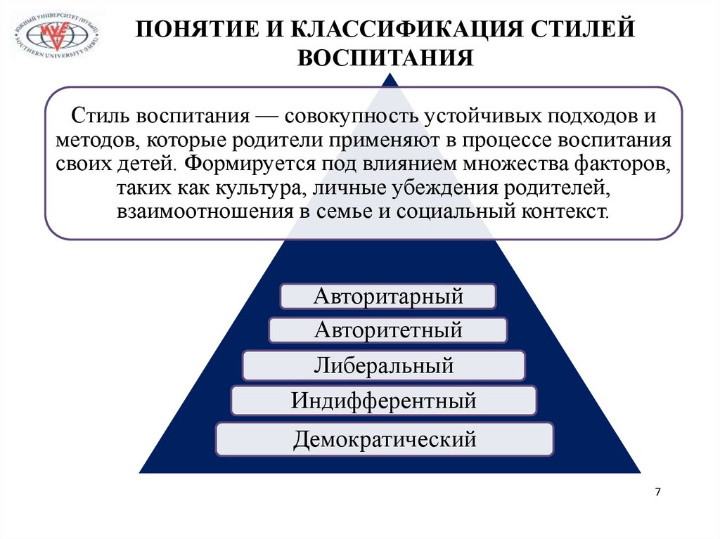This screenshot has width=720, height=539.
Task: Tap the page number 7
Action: click(x=657, y=492)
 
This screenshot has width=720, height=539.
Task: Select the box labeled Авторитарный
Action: click(x=388, y=296)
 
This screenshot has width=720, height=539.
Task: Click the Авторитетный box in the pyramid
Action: click(x=388, y=330)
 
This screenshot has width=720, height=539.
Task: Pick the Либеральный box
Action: click(x=384, y=365)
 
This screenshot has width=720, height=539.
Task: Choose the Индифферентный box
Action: click(x=384, y=401)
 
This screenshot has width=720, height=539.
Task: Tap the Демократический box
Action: click(x=385, y=440)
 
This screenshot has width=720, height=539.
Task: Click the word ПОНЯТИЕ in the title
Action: click(x=198, y=30)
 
